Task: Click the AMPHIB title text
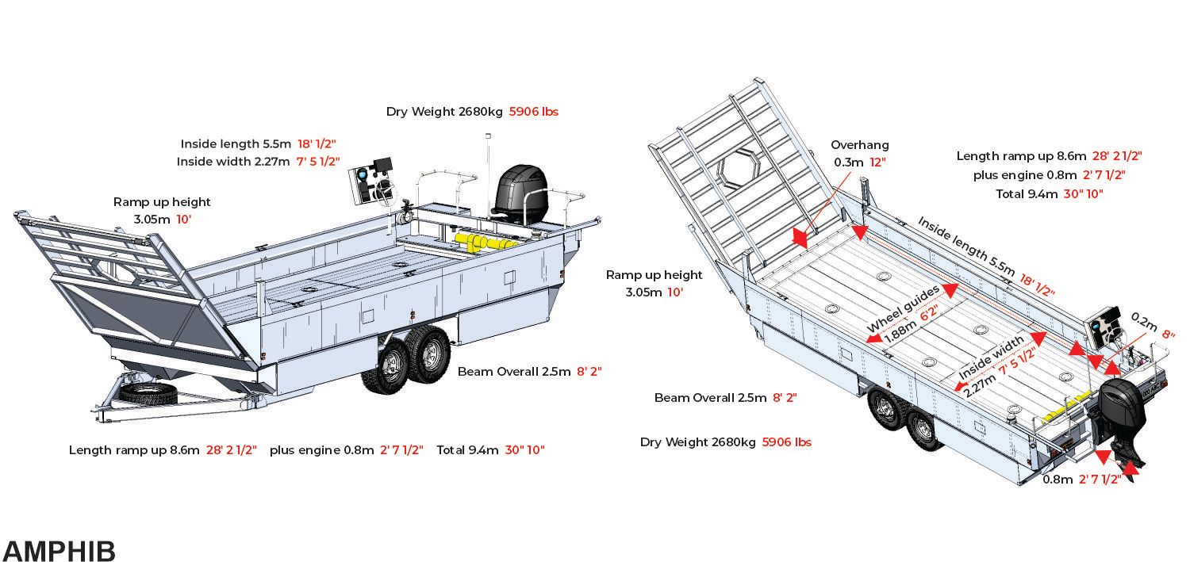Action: (59, 551)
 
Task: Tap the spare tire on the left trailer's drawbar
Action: (148, 393)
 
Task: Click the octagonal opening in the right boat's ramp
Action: (739, 168)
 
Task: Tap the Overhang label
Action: (859, 145)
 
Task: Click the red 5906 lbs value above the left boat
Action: (533, 112)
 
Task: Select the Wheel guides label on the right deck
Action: (903, 309)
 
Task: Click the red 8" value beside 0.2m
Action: (1169, 335)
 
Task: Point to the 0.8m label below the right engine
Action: (1058, 480)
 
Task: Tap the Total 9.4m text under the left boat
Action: (467, 450)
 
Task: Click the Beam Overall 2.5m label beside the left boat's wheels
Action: (514, 372)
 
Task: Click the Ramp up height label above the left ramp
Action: (162, 201)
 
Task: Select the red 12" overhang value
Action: (877, 162)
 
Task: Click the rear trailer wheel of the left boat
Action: (429, 354)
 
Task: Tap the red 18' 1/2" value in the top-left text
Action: (317, 143)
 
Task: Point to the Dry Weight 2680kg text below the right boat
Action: (697, 442)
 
